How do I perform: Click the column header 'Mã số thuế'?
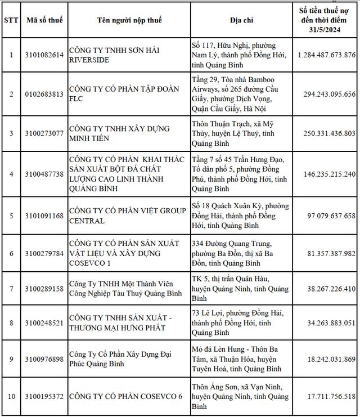[x=44, y=20]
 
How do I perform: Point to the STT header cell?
[x=11, y=20]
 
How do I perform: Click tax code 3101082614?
[x=44, y=55]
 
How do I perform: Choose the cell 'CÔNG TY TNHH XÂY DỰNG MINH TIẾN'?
[x=119, y=133]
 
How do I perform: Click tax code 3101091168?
[x=44, y=216]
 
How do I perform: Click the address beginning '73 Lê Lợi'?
[x=236, y=323]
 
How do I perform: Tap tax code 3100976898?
[x=44, y=358]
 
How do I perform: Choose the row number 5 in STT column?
[x=11, y=216]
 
